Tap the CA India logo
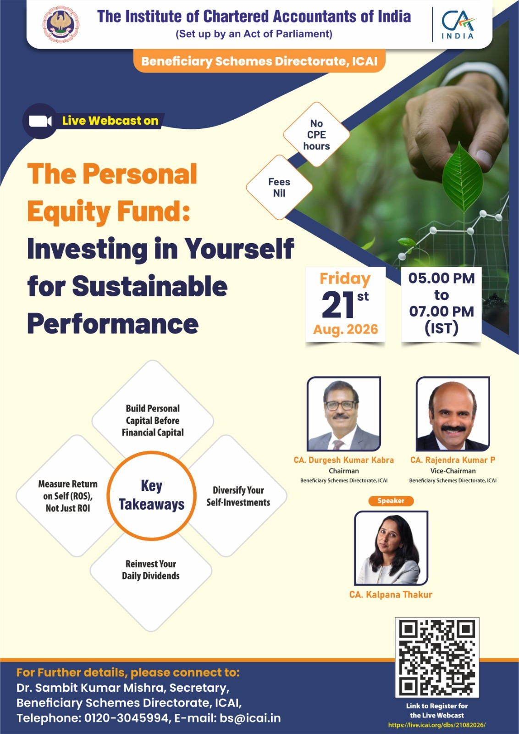458,25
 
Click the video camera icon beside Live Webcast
40,121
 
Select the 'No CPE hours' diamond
316,135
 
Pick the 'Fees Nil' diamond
279,188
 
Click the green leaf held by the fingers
462,177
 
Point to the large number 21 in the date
338,305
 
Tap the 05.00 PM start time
442,278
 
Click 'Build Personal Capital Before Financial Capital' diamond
153,421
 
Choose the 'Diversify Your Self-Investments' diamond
238,496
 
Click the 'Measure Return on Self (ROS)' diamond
67,496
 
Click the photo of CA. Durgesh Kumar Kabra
344,414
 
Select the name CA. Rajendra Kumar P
453,460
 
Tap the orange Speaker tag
391,500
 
